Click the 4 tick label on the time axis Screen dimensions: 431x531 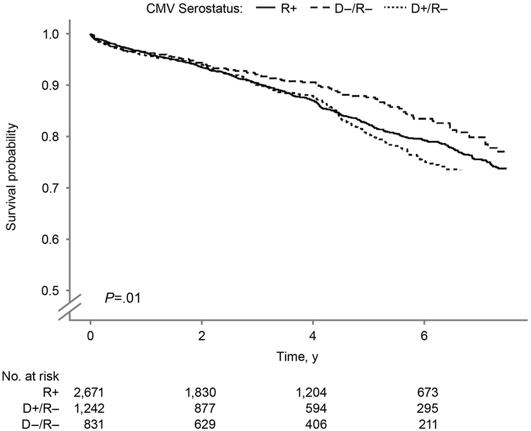(313, 335)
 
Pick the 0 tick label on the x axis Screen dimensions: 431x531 (91, 335)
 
